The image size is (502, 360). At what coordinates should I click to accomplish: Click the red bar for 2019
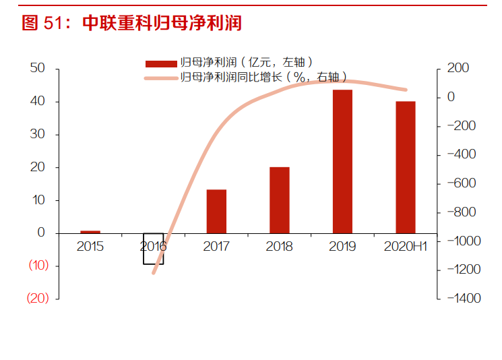point(342,161)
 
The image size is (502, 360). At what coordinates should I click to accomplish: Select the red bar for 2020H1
point(405,167)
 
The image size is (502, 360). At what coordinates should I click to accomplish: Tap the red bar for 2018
point(279,200)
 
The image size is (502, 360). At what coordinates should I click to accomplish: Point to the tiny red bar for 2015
point(90,231)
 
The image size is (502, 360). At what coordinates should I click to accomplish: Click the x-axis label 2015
point(90,247)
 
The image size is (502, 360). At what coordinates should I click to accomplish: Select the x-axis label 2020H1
point(405,247)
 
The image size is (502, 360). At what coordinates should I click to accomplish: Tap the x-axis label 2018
point(279,247)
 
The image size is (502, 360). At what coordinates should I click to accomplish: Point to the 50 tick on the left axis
point(38,68)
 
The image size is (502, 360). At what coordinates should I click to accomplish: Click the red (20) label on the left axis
point(38,299)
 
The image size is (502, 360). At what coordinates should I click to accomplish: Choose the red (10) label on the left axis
point(38,266)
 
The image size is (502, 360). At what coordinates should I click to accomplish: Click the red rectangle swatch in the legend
point(161,64)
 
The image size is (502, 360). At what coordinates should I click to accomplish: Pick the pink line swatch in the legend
point(161,78)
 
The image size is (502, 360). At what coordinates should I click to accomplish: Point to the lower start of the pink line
point(154,273)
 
